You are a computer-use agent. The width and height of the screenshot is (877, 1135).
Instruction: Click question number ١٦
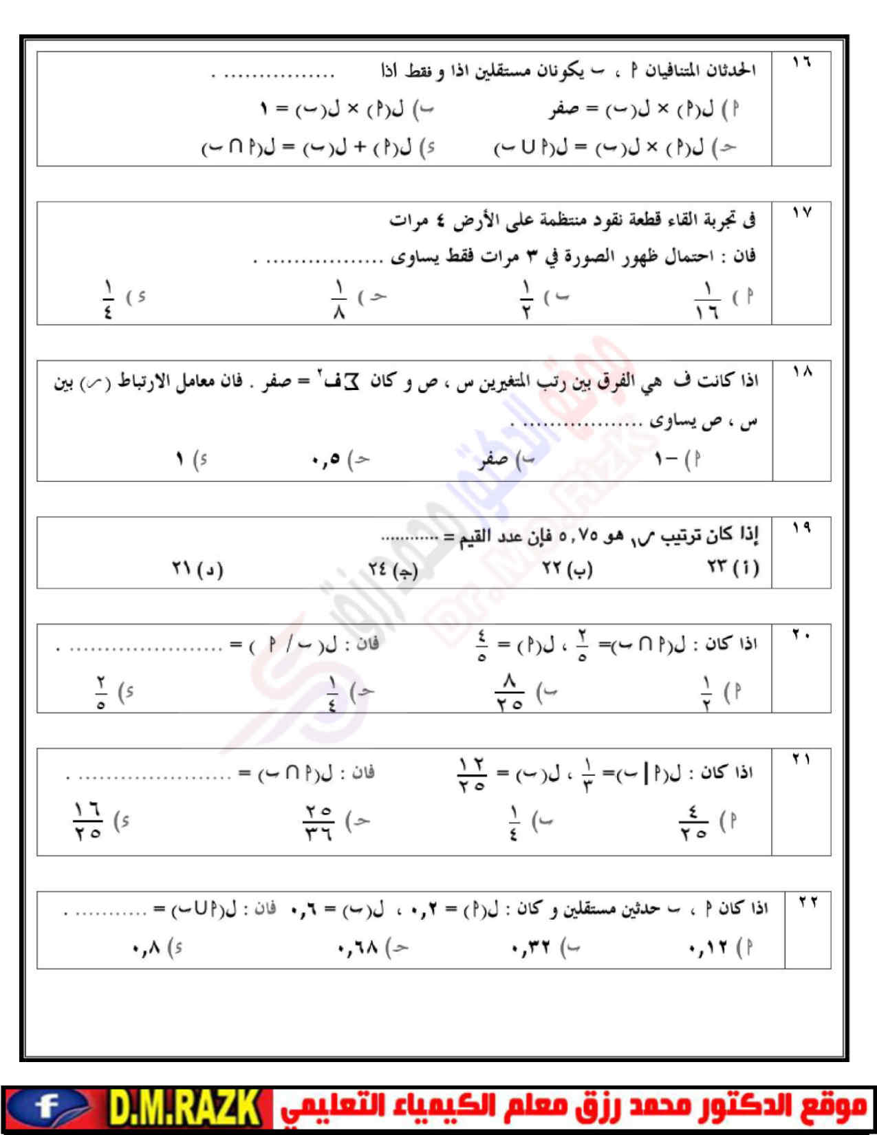point(801,63)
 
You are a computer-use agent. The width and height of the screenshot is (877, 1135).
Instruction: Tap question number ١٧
point(801,213)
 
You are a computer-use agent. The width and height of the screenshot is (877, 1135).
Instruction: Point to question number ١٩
point(801,528)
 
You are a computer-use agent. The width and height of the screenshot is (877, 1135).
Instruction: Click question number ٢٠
point(801,636)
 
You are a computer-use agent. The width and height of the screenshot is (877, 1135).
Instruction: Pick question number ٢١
point(801,759)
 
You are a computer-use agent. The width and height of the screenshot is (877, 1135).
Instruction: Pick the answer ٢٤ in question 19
point(379,570)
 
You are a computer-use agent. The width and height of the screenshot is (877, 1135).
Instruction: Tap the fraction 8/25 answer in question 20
point(509,692)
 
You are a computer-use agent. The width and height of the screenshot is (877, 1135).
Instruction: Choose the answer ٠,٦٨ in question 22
point(358,949)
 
